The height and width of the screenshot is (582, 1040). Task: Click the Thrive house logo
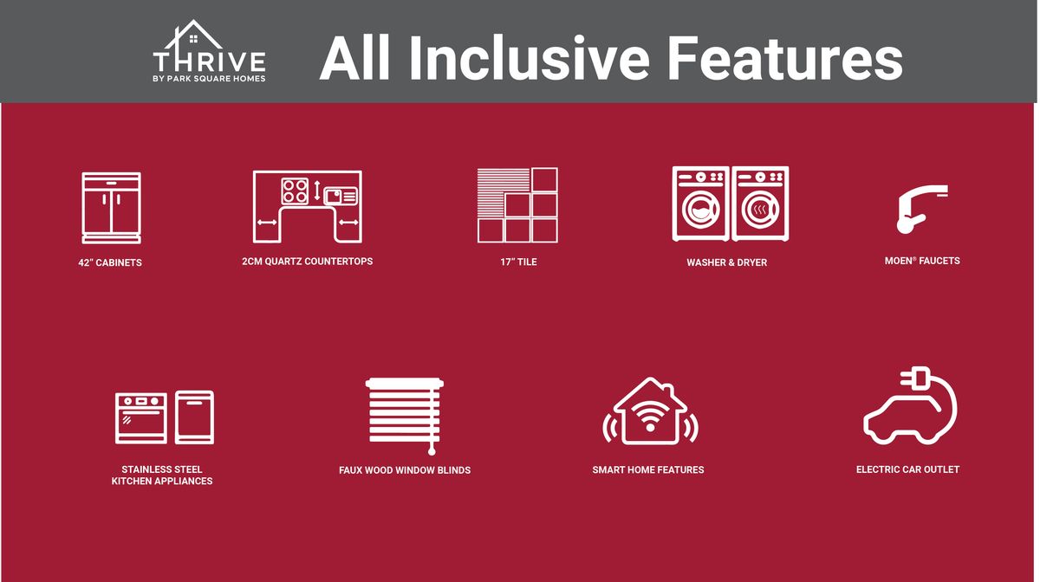(209, 51)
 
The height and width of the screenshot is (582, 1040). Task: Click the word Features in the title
(785, 59)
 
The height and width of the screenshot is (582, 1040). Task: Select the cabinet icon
(112, 208)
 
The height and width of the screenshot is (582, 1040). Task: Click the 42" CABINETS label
(110, 262)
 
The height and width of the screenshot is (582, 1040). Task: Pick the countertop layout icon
(308, 206)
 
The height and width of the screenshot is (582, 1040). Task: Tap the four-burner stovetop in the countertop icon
(295, 191)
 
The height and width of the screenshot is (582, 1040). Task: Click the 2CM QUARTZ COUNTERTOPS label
(308, 262)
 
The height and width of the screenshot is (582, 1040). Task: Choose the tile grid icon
(517, 205)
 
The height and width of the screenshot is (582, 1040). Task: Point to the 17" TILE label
(518, 262)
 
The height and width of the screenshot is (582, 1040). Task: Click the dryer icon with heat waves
(760, 204)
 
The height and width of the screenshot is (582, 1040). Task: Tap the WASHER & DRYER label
(726, 262)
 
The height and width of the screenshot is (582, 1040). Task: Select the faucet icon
(921, 209)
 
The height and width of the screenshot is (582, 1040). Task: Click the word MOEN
(899, 261)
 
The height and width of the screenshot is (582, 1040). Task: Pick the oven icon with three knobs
(141, 418)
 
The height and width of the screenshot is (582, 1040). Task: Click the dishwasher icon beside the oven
(194, 417)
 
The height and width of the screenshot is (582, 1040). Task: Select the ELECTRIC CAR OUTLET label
(907, 469)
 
